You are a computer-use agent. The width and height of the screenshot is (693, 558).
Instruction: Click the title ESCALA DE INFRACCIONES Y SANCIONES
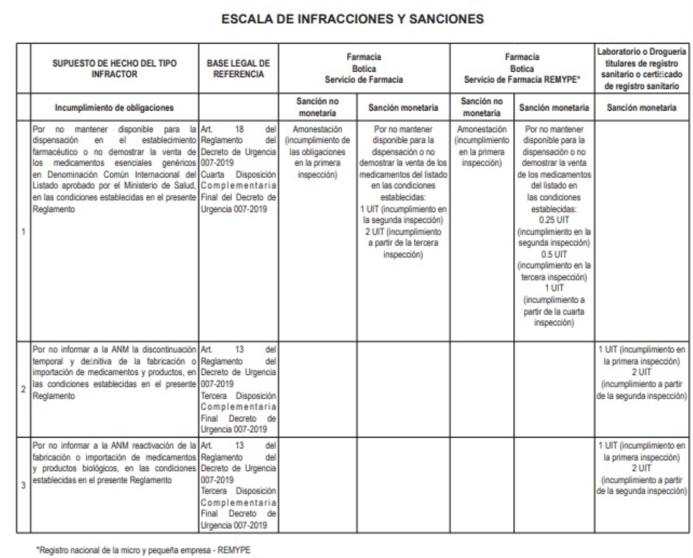[x=352, y=19]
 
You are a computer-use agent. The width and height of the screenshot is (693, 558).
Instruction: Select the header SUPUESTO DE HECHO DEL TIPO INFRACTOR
[x=114, y=68]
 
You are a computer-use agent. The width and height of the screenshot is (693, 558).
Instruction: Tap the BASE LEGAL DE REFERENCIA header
[x=238, y=68]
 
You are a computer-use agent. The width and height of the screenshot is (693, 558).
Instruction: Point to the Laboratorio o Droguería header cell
[x=641, y=68]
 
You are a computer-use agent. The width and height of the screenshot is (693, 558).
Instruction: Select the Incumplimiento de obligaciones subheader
[x=114, y=108]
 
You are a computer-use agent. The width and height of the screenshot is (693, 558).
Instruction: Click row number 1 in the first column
[x=23, y=232]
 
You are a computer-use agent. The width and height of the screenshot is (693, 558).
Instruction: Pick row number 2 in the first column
[x=23, y=389]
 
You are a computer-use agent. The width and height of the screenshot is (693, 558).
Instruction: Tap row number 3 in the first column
[x=23, y=485]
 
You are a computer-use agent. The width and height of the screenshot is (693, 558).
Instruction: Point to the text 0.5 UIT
[x=554, y=254]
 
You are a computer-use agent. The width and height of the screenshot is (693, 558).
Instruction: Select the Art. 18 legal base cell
[x=238, y=169]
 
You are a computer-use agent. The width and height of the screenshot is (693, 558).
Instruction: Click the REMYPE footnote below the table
[x=143, y=550]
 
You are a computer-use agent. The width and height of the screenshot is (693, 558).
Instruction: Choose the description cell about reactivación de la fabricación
[x=114, y=463]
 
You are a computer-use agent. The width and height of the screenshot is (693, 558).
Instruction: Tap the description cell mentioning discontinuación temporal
[x=114, y=373]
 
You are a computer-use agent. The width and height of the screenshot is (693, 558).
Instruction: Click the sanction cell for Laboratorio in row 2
[x=641, y=373]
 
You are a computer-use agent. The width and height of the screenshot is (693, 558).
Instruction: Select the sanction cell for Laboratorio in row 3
[x=641, y=468]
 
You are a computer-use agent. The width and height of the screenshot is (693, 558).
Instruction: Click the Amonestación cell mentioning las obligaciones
[x=317, y=152]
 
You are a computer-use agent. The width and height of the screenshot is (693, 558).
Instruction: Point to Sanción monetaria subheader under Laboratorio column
[x=641, y=108]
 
